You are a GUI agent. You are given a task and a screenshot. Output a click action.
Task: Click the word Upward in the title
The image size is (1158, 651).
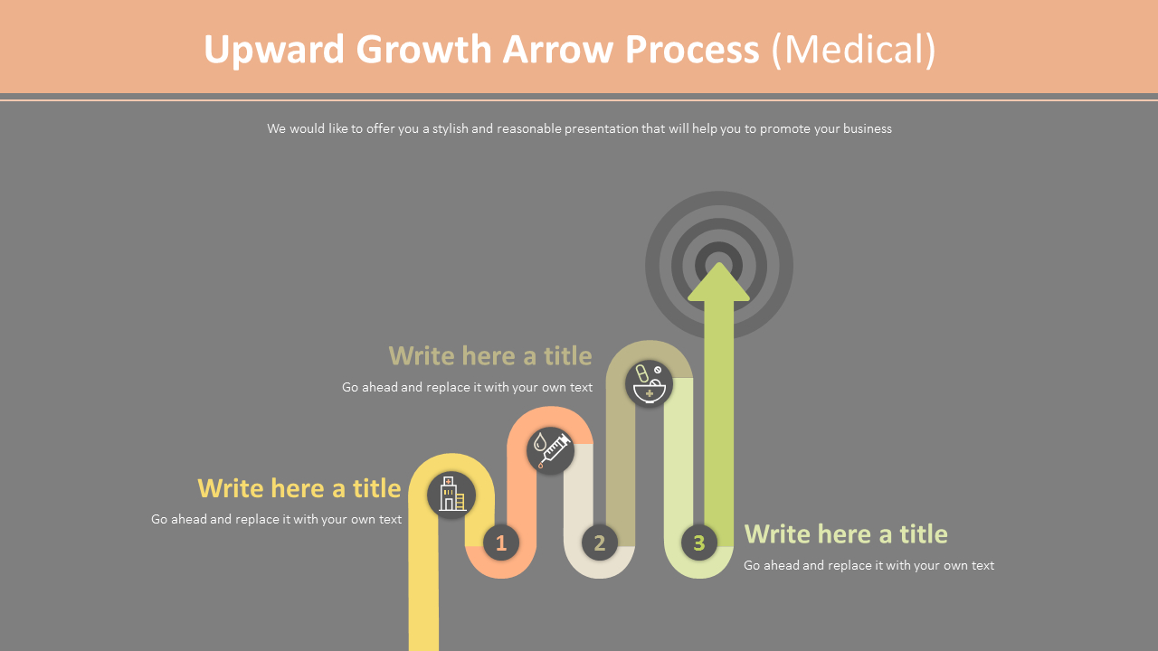[274, 50]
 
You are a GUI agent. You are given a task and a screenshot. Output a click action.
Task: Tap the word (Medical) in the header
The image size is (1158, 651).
[853, 50]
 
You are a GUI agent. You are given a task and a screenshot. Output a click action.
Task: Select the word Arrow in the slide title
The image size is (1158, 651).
[558, 50]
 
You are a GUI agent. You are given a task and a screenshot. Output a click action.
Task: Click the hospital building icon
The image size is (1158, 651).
[451, 495]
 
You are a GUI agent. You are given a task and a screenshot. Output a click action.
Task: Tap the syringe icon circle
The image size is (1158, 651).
[550, 450]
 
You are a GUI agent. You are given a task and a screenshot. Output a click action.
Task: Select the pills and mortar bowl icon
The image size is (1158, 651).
[649, 383]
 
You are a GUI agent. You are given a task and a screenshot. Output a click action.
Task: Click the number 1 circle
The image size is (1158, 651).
[501, 542]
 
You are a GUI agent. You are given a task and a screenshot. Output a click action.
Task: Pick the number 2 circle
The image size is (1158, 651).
[599, 542]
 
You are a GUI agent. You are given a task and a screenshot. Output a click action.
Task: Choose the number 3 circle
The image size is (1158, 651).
[698, 542]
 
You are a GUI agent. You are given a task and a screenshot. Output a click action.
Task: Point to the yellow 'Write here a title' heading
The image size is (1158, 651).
[299, 488]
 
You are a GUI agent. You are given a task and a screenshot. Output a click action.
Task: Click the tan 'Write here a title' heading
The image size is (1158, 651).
[489, 355]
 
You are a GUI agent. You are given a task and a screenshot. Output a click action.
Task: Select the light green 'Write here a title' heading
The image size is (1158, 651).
[845, 534]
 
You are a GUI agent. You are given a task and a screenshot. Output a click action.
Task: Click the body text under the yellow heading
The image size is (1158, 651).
[276, 519]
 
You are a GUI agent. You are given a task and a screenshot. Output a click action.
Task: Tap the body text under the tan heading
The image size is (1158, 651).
[467, 387]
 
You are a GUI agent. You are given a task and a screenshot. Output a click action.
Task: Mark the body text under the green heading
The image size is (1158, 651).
[868, 565]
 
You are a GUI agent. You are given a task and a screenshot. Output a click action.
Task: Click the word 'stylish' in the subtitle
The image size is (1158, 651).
[450, 128]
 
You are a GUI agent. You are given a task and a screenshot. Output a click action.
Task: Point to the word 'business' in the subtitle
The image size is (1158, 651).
[867, 128]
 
